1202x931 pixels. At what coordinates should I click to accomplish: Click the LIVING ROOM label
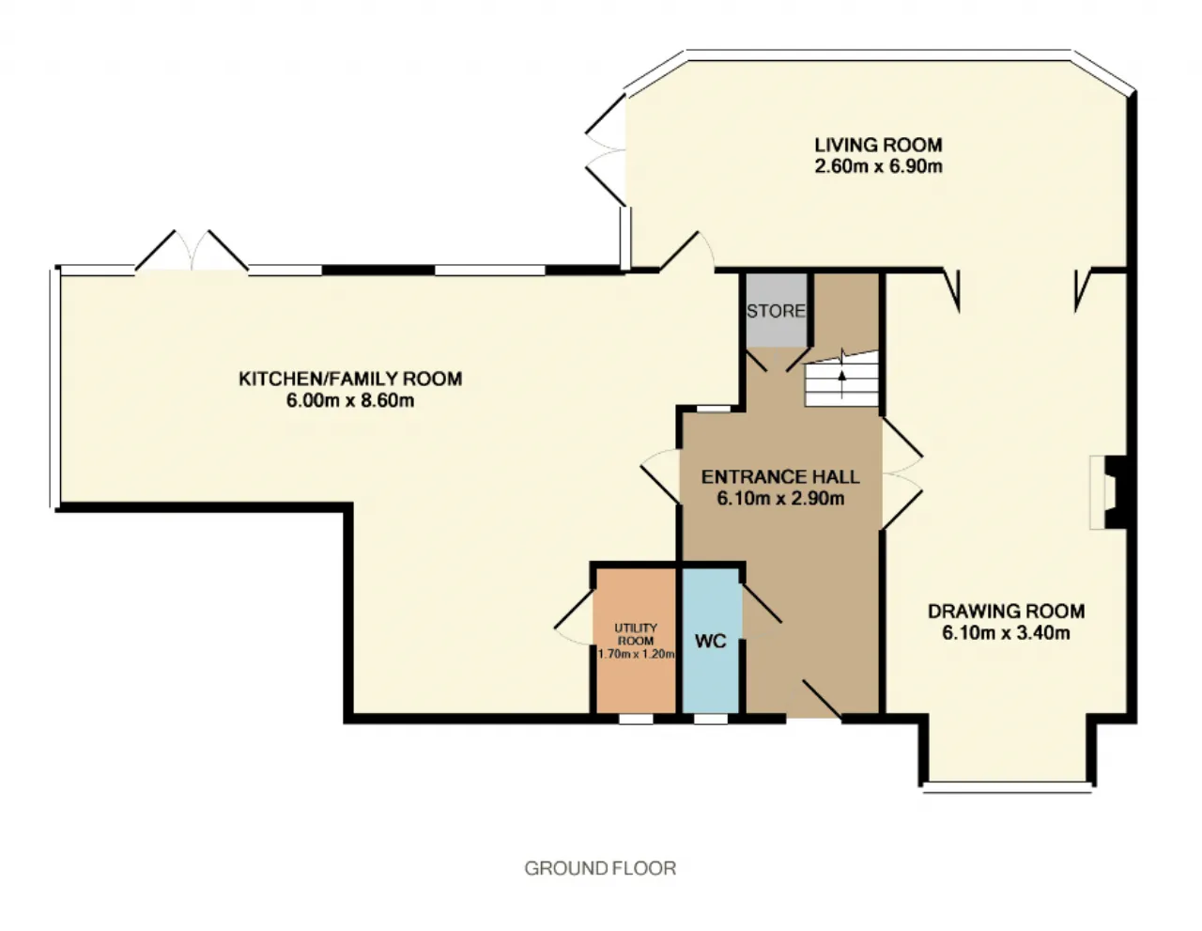878,145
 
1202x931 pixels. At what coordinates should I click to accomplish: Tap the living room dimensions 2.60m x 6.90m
878,166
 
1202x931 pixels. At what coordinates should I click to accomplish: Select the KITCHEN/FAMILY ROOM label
350,379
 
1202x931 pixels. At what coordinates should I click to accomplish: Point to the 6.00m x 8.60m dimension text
350,400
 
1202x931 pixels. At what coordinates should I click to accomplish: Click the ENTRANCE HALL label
780,477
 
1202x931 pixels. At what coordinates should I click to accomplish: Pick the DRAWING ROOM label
1006,612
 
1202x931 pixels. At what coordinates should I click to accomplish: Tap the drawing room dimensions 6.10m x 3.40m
1006,632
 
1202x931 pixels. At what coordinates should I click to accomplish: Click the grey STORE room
776,310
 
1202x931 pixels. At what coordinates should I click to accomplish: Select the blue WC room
710,642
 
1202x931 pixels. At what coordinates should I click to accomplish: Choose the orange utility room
636,642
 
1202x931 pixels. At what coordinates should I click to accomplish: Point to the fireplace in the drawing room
1111,492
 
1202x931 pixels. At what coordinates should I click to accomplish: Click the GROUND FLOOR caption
600,868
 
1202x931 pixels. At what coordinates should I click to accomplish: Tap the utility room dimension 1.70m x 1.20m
636,655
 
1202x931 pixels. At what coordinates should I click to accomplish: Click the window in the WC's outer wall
711,719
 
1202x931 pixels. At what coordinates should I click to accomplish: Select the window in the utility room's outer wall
636,719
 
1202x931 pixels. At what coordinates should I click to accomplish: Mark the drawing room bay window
1007,787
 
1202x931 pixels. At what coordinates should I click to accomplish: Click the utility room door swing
574,618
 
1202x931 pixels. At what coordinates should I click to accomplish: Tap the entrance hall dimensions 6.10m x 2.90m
780,499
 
